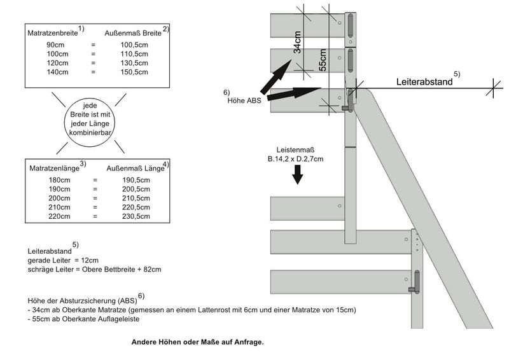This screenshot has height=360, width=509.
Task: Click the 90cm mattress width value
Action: pyautogui.click(x=55, y=45)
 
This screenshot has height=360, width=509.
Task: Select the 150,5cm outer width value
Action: pyautogui.click(x=135, y=73)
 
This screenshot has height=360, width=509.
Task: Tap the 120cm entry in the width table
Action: pyautogui.click(x=56, y=64)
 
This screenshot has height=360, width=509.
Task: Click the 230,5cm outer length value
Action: pyautogui.click(x=136, y=217)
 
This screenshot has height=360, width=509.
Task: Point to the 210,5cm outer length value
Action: pyautogui.click(x=136, y=198)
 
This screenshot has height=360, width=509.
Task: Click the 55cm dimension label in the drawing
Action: pyautogui.click(x=323, y=59)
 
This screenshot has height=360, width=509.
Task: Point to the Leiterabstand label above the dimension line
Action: pyautogui.click(x=424, y=82)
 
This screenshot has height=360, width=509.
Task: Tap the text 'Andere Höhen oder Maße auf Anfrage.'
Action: pyautogui.click(x=197, y=342)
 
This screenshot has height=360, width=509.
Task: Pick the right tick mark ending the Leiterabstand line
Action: pyautogui.click(x=494, y=89)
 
